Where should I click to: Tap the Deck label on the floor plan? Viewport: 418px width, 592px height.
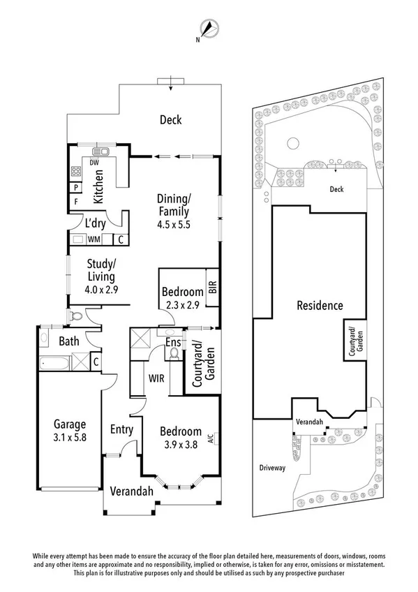pyautogui.click(x=170, y=120)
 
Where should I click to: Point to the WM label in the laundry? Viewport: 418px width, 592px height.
pyautogui.click(x=93, y=239)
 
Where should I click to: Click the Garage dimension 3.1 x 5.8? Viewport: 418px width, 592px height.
pyautogui.click(x=69, y=438)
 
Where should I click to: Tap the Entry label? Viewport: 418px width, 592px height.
pyautogui.click(x=121, y=429)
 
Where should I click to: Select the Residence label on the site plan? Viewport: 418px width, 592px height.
pyautogui.click(x=320, y=305)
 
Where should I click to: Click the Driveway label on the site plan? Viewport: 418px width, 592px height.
pyautogui.click(x=271, y=468)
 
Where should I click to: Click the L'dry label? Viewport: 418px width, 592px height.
pyautogui.click(x=95, y=224)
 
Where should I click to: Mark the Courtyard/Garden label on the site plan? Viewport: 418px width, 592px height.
pyautogui.click(x=353, y=340)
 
